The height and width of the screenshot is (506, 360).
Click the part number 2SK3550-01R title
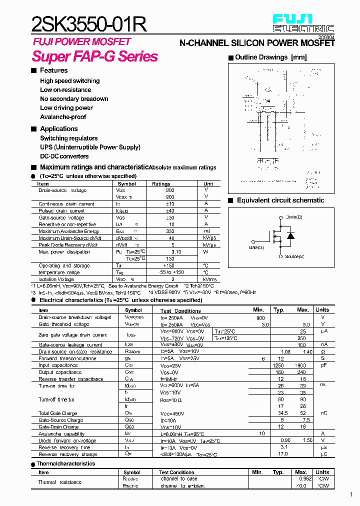pyautogui.click(x=89, y=24)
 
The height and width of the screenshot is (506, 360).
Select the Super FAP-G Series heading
pyautogui.click(x=95, y=56)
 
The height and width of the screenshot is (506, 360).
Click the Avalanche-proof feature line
pyautogui.click(x=63, y=117)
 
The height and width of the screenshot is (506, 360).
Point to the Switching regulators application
pyautogui.click(x=69, y=138)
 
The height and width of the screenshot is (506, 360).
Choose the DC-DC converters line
pyautogui.click(x=64, y=156)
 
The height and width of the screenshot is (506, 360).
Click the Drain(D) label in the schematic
pyautogui.click(x=294, y=217)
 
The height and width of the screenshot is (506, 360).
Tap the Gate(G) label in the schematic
pyautogui.click(x=256, y=247)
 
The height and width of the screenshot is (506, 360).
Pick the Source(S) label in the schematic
pyautogui.click(x=294, y=256)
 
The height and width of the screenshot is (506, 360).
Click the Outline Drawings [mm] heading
pyautogui.click(x=270, y=57)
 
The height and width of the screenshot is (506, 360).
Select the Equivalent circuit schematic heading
pyautogui.click(x=280, y=200)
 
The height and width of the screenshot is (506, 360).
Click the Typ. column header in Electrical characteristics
pyautogui.click(x=278, y=310)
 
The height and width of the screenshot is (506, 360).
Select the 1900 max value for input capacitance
pyautogui.click(x=300, y=365)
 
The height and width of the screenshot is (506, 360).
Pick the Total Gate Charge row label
pyautogui.click(x=58, y=413)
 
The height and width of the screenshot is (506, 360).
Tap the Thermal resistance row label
pyautogui.click(x=60, y=482)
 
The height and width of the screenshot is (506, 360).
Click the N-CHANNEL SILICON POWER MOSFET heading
pyautogui.click(x=256, y=43)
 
